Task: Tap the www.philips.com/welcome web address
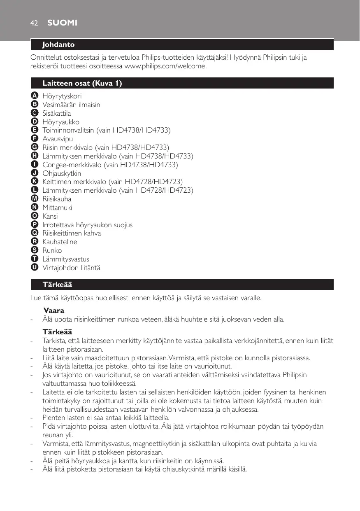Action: [x=165, y=66]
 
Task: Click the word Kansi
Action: [x=50, y=216]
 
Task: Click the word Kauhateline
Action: [x=60, y=242]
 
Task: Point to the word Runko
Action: [x=52, y=250]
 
